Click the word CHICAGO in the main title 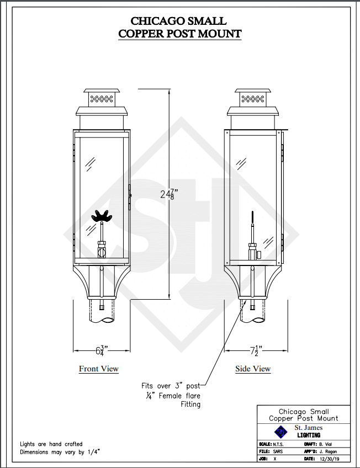click(157, 21)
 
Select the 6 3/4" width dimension click(102, 350)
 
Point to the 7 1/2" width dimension click(256, 350)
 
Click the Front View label click(99, 369)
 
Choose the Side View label click(253, 369)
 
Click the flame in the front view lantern click(102, 216)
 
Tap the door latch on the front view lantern click(130, 196)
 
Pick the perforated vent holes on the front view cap click(102, 99)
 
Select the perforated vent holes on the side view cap click(253, 99)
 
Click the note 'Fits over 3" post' click(171, 386)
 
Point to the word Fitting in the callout click(190, 405)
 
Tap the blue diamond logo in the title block click(280, 432)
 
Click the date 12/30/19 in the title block click(329, 459)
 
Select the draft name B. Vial click(325, 444)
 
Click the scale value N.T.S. click(278, 444)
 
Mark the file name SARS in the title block click(278, 451)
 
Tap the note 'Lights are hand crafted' click(51, 444)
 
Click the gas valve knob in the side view click(259, 254)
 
